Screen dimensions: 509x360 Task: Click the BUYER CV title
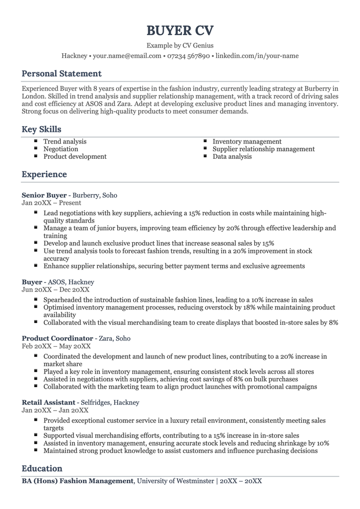tap(180, 31)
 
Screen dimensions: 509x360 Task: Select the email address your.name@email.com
tap(127, 56)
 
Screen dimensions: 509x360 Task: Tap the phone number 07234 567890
tap(189, 56)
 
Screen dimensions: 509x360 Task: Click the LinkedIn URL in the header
tap(257, 56)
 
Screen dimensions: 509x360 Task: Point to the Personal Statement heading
tap(61, 73)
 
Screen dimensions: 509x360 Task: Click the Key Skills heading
tap(41, 130)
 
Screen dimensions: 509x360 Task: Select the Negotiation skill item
tap(60, 149)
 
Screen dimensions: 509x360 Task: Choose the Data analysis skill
tap(232, 156)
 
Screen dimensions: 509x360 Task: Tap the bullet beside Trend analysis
tap(36, 141)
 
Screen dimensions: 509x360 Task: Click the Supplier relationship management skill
tap(264, 149)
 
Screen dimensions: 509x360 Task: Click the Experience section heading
tap(44, 174)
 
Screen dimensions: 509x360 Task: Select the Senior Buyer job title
tap(44, 195)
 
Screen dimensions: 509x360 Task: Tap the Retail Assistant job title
tap(48, 402)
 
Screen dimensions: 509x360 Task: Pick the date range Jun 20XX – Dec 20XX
tap(55, 290)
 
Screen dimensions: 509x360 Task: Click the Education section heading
tap(42, 468)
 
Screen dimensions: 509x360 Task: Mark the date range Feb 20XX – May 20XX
tap(56, 346)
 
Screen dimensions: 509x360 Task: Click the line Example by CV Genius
tap(180, 46)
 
